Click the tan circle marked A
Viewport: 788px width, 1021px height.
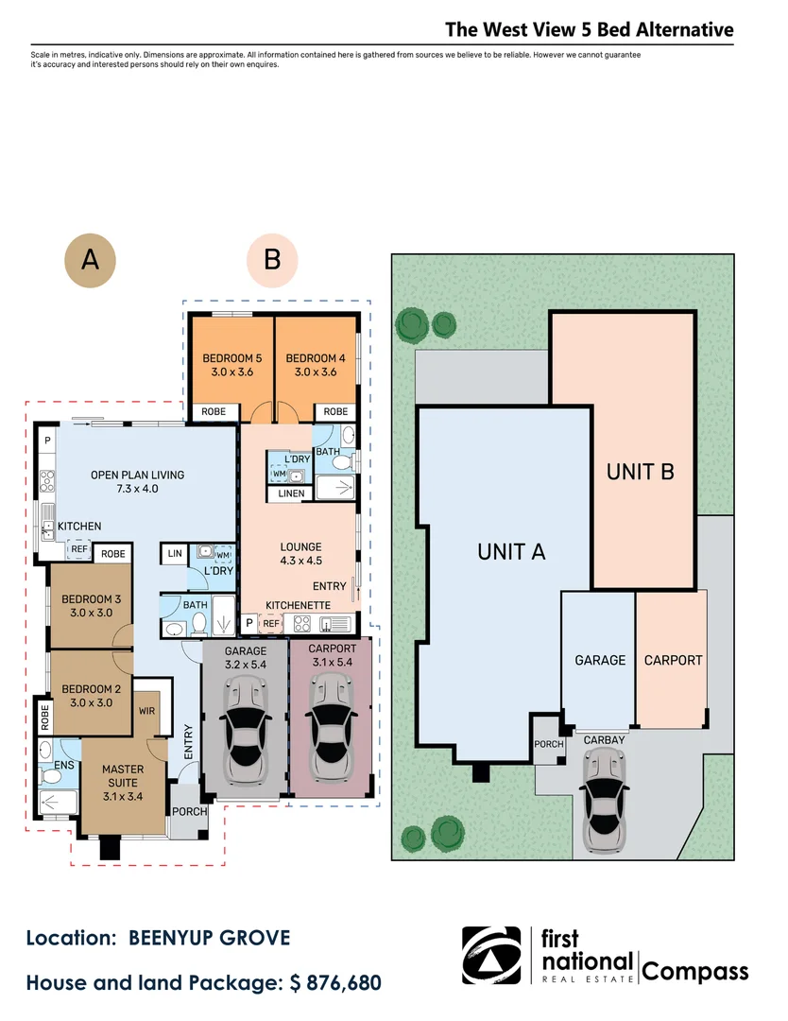(x=90, y=261)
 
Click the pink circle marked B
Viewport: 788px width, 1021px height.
(x=272, y=261)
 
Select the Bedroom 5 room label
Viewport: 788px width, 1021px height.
(x=232, y=365)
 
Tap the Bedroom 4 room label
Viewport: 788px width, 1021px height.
(x=316, y=365)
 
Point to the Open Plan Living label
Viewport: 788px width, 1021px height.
(x=137, y=482)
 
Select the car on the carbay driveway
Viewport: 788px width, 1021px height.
(x=605, y=801)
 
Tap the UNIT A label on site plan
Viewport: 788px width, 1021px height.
(x=511, y=552)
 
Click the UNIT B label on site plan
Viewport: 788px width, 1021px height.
(x=641, y=472)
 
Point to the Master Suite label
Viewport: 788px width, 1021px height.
(x=122, y=783)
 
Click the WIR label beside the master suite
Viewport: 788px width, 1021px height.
(x=147, y=711)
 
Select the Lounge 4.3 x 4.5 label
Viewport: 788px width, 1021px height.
(x=300, y=553)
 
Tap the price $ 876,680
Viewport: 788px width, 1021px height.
(x=335, y=982)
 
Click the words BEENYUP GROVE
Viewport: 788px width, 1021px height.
(x=210, y=939)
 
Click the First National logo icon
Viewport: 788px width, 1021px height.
(x=491, y=955)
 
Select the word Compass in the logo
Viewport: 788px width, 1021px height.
(x=695, y=972)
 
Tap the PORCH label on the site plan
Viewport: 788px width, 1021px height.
(x=549, y=744)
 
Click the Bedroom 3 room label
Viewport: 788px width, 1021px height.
(x=91, y=606)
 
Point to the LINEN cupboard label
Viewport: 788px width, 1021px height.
(x=291, y=493)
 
